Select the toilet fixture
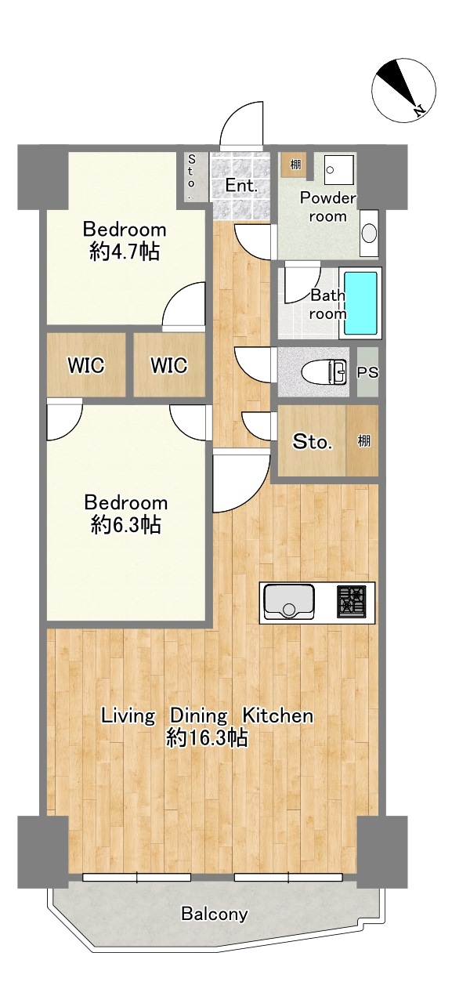tap(324, 371)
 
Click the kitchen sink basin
tap(289, 603)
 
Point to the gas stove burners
tap(351, 602)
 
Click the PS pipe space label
tap(367, 371)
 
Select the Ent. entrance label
tap(241, 186)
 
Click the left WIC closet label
tap(86, 365)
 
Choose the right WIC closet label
tap(168, 365)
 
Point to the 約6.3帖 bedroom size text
tap(125, 526)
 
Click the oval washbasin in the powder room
tap(369, 233)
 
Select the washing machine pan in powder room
tap(339, 170)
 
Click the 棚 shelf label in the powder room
tap(295, 165)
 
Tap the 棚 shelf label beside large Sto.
tap(363, 441)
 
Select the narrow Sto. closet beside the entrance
tap(192, 176)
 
